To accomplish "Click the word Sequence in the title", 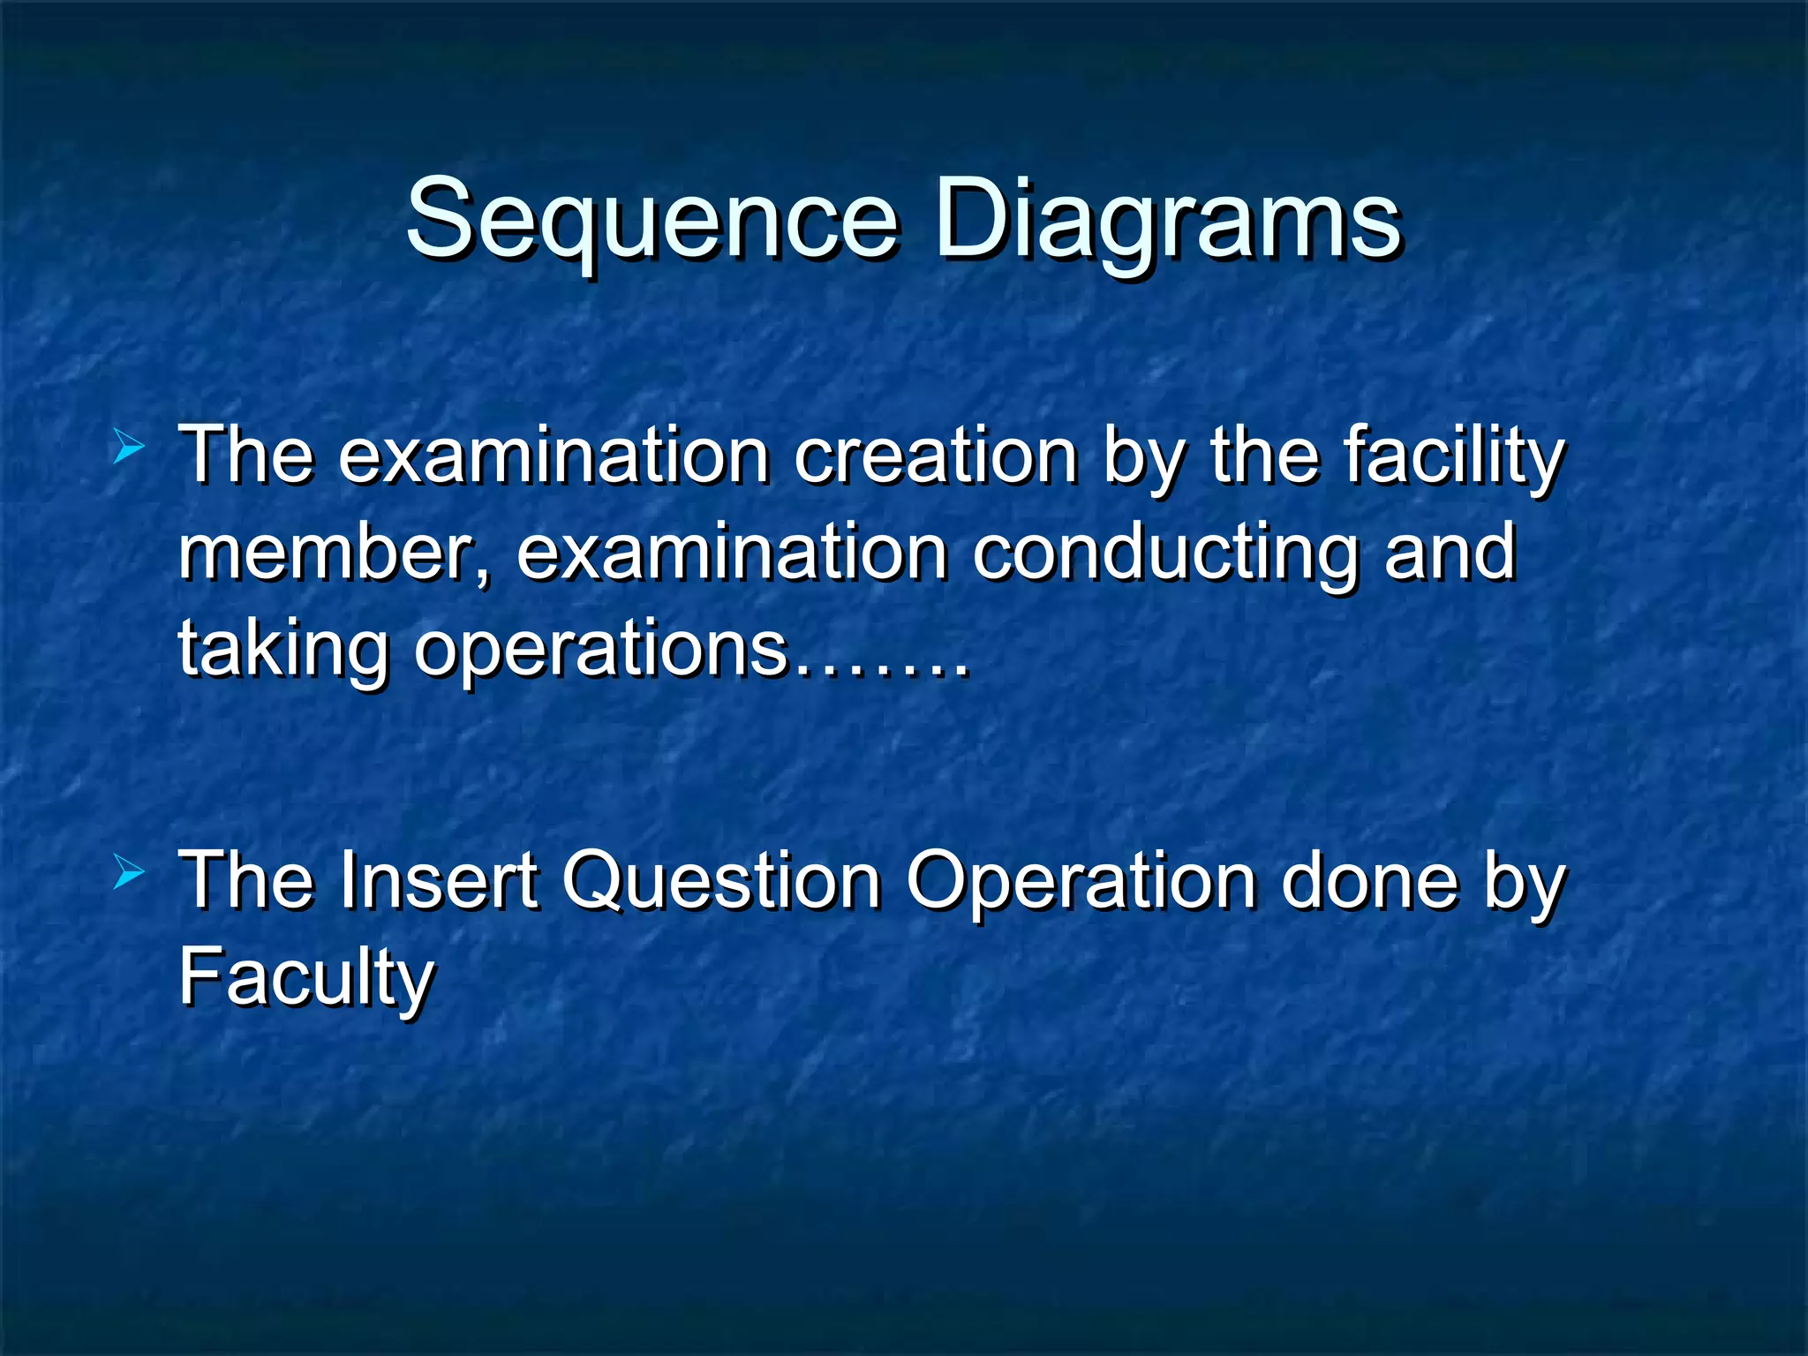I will (652, 221).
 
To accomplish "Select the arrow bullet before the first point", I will (129, 448).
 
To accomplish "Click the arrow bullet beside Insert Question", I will (129, 874).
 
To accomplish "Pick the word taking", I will (283, 650).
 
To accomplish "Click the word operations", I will (600, 650).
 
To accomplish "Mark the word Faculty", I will (305, 978).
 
